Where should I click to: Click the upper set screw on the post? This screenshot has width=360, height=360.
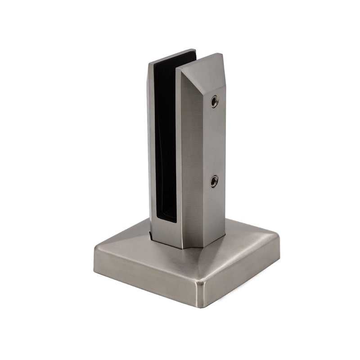215,102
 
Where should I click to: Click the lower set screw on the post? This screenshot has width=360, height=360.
214,181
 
